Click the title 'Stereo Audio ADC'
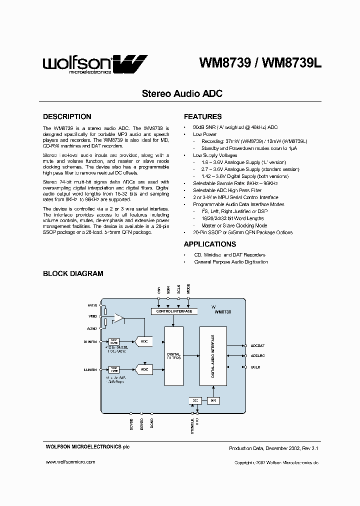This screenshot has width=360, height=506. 182,93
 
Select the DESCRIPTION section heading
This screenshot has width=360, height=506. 67,116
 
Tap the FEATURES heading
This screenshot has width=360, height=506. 202,116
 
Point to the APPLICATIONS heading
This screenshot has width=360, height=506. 210,244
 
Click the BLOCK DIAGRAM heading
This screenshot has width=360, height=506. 73,273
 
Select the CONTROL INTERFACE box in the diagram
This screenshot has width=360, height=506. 174,311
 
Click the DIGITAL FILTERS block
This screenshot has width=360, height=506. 173,356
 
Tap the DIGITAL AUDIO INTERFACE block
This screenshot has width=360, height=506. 213,356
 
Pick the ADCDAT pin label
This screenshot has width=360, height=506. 258,345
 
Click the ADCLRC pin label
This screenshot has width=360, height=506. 258,356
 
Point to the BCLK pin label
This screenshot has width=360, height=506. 255,367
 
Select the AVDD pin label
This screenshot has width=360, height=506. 92,305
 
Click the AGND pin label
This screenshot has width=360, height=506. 92,328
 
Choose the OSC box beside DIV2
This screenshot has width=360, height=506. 194,401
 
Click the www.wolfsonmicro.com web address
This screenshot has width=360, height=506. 70,462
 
